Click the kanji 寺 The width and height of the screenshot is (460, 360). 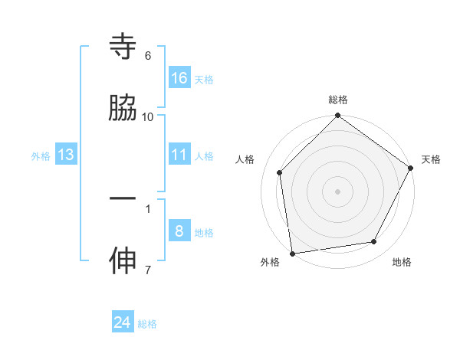click(123, 47)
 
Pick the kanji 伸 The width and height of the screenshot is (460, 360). click(123, 260)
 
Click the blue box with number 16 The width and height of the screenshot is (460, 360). click(179, 77)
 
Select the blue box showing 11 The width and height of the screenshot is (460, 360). click(179, 155)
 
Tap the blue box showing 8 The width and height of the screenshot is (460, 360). click(179, 231)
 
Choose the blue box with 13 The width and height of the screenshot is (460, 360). click(66, 155)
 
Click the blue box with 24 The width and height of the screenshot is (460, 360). click(123, 322)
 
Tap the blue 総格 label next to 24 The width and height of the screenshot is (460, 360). click(147, 324)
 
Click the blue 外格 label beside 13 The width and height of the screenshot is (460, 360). click(41, 156)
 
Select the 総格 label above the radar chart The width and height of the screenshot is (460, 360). click(338, 100)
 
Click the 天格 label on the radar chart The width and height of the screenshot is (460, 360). click(431, 159)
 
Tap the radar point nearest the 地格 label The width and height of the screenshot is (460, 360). click(374, 241)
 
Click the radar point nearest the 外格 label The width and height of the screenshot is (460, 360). click(292, 253)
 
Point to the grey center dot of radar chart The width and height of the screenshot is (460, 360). click(337, 191)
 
